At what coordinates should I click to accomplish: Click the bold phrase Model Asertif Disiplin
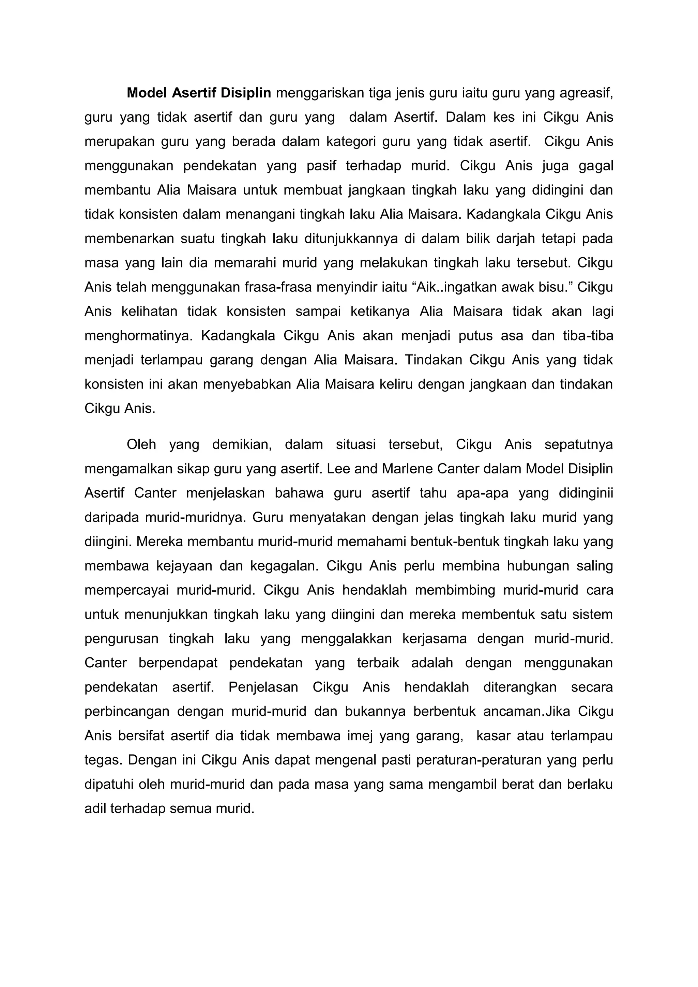tap(199, 93)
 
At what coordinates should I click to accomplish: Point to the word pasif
tap(321, 166)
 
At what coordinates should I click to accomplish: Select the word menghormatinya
tap(138, 336)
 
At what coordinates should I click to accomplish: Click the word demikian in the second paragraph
tap(242, 444)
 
